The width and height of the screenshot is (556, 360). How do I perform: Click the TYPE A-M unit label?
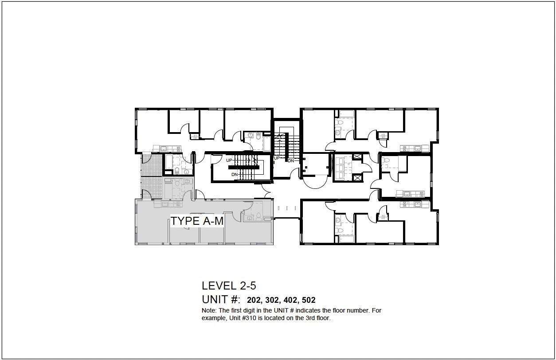pyautogui.click(x=197, y=221)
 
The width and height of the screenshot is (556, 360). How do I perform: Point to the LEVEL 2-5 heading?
pyautogui.click(x=229, y=286)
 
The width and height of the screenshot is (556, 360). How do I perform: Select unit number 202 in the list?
pyautogui.click(x=255, y=300)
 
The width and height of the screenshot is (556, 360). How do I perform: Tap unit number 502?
pyautogui.click(x=309, y=300)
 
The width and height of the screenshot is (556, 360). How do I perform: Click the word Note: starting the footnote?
pyautogui.click(x=209, y=310)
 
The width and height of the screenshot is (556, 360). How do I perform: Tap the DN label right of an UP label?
pyautogui.click(x=291, y=161)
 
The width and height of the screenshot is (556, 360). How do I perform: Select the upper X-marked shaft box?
pyautogui.click(x=356, y=157)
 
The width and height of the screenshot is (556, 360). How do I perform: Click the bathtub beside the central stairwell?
pyautogui.click(x=267, y=144)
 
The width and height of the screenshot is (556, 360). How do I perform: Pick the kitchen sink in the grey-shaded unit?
pyautogui.click(x=165, y=204)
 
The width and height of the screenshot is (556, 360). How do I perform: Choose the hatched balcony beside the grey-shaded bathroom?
pyautogui.click(x=151, y=188)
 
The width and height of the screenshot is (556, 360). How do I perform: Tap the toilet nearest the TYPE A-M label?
pyautogui.click(x=258, y=216)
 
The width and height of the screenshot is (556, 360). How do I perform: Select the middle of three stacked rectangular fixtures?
pyautogui.click(x=341, y=168)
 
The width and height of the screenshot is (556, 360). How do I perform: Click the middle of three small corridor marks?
pyautogui.click(x=287, y=208)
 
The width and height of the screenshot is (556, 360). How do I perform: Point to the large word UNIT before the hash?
pyautogui.click(x=215, y=299)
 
